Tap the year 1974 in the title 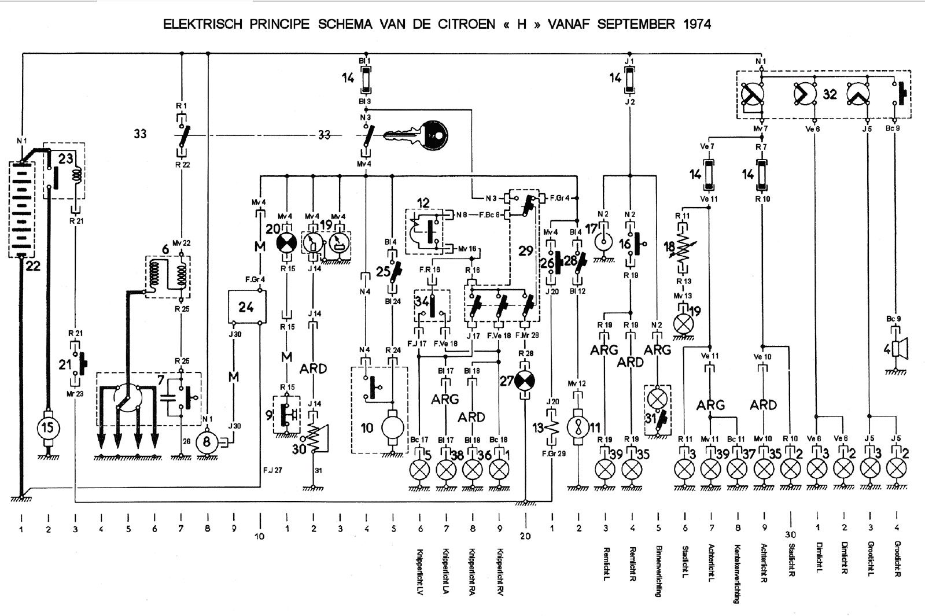click(x=695, y=24)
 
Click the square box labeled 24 click(x=246, y=307)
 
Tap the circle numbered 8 click(x=207, y=443)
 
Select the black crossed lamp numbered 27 click(x=525, y=381)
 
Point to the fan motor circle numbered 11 click(x=578, y=429)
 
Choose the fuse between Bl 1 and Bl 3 click(x=366, y=80)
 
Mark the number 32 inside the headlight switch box click(x=830, y=94)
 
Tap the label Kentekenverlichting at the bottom click(x=738, y=574)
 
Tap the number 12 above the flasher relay click(x=423, y=203)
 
